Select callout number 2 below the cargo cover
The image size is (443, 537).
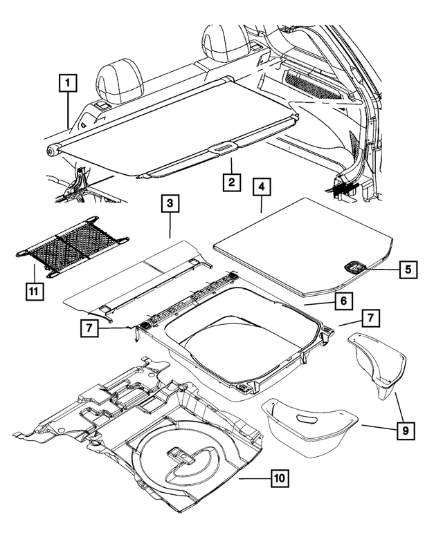tap(231, 182)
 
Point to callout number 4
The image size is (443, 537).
tap(262, 187)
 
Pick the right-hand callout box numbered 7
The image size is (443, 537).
tap(371, 318)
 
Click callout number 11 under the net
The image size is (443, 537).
tap(32, 291)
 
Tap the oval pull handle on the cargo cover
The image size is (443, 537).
tap(222, 147)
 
